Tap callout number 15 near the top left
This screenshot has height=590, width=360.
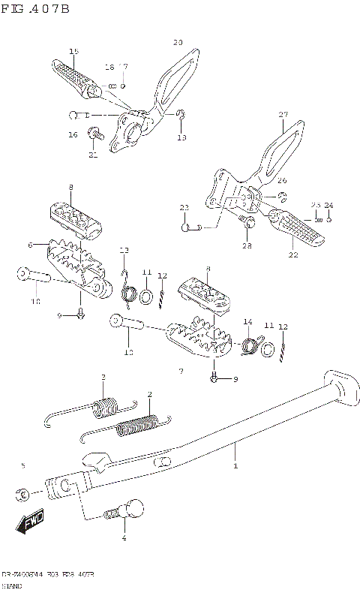click(x=73, y=51)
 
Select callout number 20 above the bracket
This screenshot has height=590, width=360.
click(x=178, y=42)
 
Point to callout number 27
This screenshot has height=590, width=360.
click(x=283, y=115)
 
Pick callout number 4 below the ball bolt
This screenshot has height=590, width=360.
click(x=124, y=537)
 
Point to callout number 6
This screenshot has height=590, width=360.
click(x=31, y=245)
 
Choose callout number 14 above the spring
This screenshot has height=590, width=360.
click(x=247, y=322)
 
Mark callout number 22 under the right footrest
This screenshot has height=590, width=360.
click(x=292, y=254)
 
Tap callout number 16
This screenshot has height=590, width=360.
click(x=73, y=135)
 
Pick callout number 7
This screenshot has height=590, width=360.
click(x=181, y=372)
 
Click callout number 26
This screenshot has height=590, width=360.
click(x=282, y=180)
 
